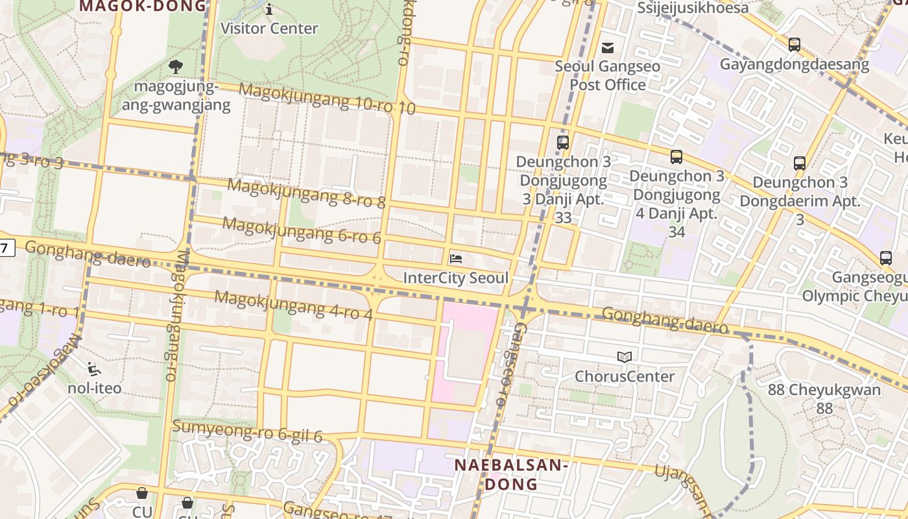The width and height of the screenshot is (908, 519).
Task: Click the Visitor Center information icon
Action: click(269, 9)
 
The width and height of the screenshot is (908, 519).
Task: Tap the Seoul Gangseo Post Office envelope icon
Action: click(608, 47)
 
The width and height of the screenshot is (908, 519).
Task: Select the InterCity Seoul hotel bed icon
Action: click(456, 259)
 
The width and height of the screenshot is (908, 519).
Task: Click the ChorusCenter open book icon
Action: click(625, 357)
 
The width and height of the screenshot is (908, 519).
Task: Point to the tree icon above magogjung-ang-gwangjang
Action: click(175, 66)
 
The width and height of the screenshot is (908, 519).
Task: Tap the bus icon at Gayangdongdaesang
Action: click(794, 45)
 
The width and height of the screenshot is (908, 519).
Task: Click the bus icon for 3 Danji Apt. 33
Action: click(563, 143)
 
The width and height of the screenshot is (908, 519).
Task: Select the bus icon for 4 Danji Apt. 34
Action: click(676, 157)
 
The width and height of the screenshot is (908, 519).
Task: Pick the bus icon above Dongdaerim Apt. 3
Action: click(800, 163)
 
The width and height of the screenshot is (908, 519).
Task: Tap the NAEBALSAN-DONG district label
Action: click(511, 474)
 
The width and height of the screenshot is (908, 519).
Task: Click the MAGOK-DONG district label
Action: click(143, 6)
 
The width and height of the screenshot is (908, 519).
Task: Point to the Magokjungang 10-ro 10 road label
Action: click(327, 99)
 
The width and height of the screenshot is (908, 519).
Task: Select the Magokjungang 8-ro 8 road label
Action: click(306, 193)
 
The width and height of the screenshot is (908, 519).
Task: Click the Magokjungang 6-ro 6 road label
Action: click(302, 231)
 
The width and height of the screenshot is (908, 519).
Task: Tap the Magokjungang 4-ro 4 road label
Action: click(293, 306)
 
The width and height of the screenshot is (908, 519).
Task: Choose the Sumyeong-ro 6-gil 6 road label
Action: click(247, 431)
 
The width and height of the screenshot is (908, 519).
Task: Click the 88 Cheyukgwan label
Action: click(824, 398)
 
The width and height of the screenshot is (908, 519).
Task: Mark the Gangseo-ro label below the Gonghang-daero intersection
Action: click(508, 366)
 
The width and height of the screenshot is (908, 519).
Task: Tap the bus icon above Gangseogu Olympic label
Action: click(886, 258)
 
